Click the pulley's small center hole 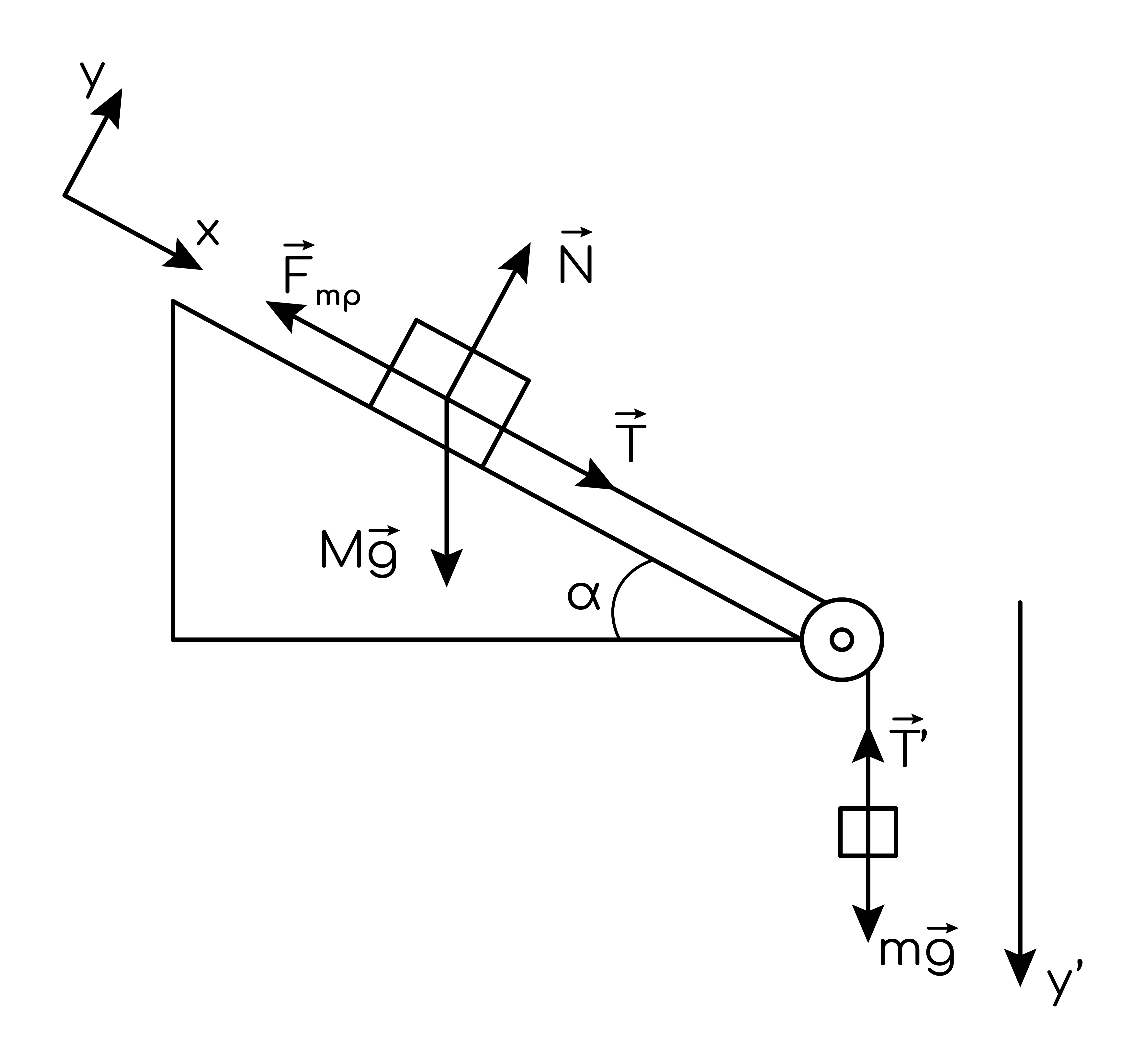(x=842, y=640)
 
